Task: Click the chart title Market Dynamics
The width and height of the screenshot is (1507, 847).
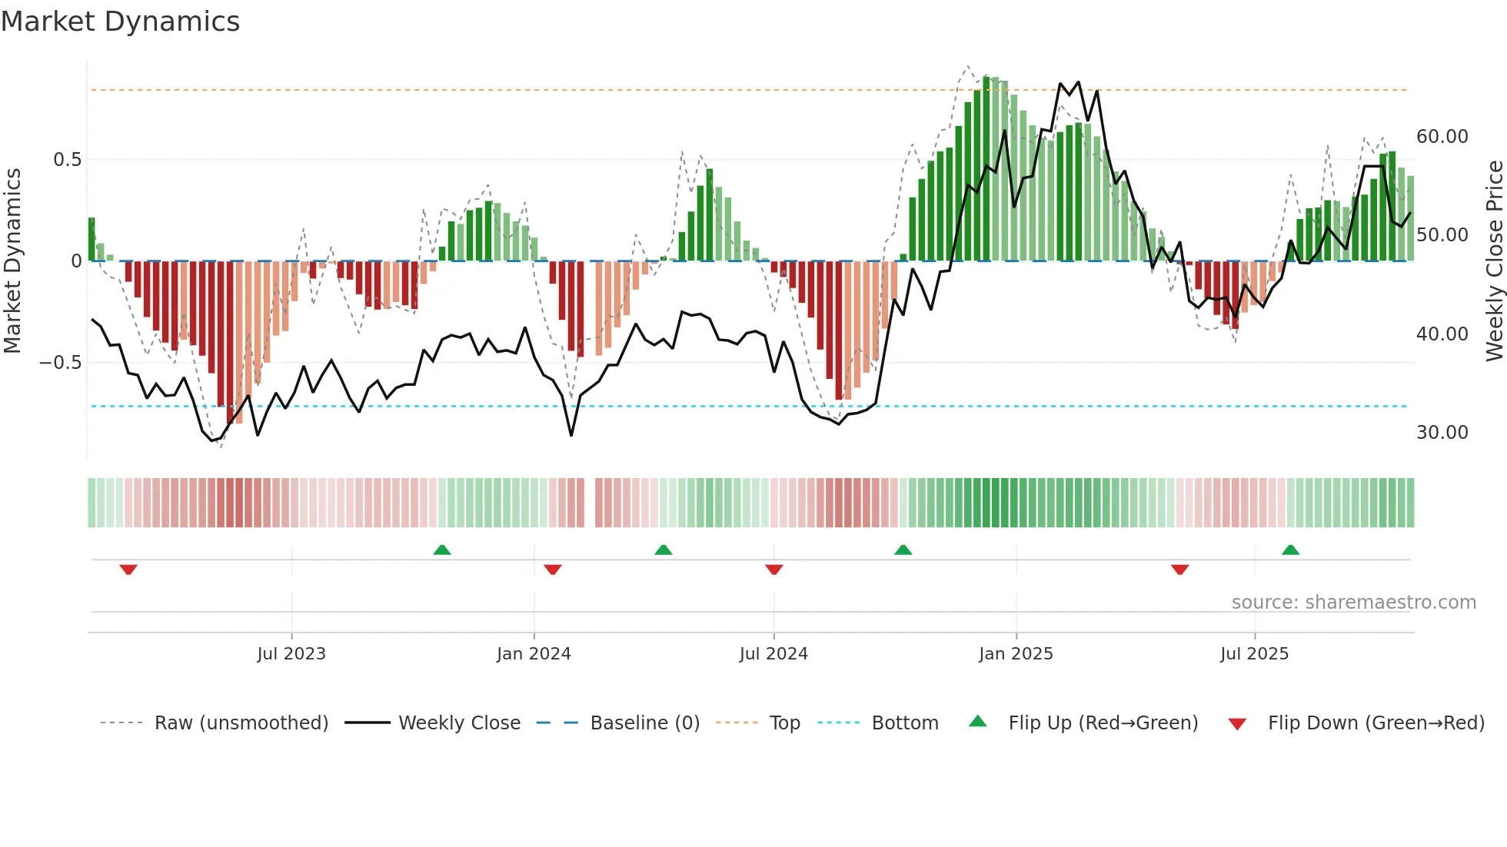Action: [x=120, y=22]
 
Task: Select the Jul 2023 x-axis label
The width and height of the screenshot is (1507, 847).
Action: [x=291, y=654]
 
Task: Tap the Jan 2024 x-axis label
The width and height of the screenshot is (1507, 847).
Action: [x=534, y=654]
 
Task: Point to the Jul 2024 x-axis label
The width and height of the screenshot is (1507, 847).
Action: [x=773, y=654]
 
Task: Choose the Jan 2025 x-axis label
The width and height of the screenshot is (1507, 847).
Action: [x=1016, y=654]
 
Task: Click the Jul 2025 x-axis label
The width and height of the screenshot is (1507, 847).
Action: [x=1254, y=654]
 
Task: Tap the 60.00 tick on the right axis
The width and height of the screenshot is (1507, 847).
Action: [x=1442, y=137]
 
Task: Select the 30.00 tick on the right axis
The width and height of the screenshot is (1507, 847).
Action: [x=1442, y=433]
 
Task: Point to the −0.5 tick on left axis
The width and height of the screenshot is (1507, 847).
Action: [x=60, y=363]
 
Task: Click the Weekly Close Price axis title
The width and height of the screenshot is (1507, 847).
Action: [x=1494, y=261]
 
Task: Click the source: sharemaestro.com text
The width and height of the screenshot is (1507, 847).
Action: [x=1353, y=603]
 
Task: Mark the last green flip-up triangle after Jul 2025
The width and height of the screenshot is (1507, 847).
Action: [x=1290, y=550]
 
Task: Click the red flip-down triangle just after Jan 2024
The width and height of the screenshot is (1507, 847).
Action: [x=553, y=570]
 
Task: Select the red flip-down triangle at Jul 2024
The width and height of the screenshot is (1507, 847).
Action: [x=774, y=570]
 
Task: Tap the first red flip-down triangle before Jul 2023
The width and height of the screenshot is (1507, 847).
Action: [x=128, y=570]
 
